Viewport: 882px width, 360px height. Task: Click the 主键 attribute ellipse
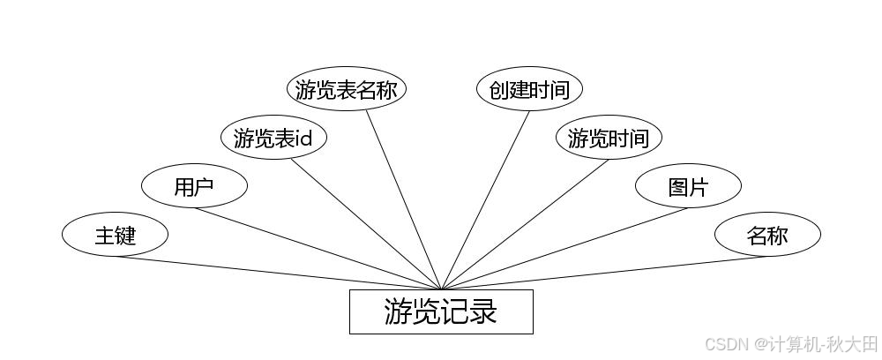pyautogui.click(x=115, y=235)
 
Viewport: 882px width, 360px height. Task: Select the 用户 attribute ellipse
pyautogui.click(x=194, y=186)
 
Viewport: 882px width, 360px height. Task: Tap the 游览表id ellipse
pyautogui.click(x=273, y=138)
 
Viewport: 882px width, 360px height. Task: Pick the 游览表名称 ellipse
pyautogui.click(x=347, y=89)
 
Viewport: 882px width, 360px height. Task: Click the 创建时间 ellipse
pyautogui.click(x=529, y=89)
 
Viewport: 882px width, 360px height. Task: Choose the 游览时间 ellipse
pyautogui.click(x=609, y=138)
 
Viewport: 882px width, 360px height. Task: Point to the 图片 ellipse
pyautogui.click(x=688, y=186)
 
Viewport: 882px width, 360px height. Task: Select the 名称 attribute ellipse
pyautogui.click(x=767, y=235)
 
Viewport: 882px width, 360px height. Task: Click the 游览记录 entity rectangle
pyautogui.click(x=441, y=311)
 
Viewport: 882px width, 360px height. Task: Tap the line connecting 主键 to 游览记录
pyautogui.click(x=278, y=273)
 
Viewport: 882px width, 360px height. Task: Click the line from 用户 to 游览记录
pyautogui.click(x=318, y=248)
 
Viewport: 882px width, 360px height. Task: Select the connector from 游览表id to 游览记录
pyautogui.click(x=366, y=224)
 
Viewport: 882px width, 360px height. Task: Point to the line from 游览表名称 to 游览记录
pyautogui.click(x=403, y=200)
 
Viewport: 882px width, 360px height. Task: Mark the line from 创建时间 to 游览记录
pyautogui.click(x=485, y=200)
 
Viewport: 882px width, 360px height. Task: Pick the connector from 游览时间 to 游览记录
pyautogui.click(x=525, y=224)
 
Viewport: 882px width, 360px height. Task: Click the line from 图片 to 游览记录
pyautogui.click(x=564, y=248)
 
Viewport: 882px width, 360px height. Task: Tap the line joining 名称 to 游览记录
pyautogui.click(x=604, y=273)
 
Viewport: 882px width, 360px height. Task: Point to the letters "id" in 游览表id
pyautogui.click(x=303, y=139)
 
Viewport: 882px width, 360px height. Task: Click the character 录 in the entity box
pyautogui.click(x=482, y=311)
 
